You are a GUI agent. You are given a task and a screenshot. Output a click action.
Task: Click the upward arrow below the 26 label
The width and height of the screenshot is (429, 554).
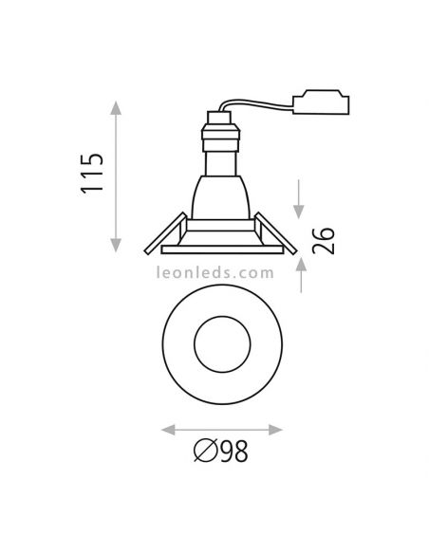[300, 271]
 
